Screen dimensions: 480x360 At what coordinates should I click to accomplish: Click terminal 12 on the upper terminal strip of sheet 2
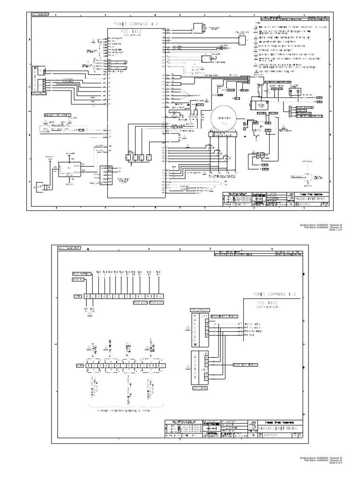(x=160, y=296)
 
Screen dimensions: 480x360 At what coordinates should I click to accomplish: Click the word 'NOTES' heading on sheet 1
(x=258, y=22)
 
